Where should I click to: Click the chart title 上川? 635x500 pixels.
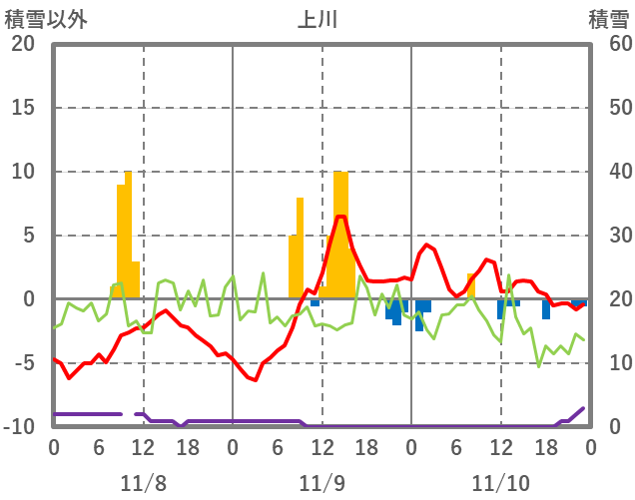coord(318,19)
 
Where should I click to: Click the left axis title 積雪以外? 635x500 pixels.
coord(46,19)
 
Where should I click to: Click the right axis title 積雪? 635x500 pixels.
coord(608,19)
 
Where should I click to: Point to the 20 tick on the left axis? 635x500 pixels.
coord(22,44)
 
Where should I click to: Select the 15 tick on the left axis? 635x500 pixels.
coord(22,108)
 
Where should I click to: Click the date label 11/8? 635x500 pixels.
coord(143,483)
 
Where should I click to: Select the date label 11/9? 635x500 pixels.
coord(321,483)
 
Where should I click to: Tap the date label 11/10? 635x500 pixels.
coord(501,483)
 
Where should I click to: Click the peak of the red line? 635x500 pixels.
coord(340,217)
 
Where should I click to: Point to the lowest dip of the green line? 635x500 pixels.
coord(539,366)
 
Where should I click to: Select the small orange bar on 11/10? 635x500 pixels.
coord(471,285)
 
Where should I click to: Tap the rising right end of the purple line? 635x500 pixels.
coord(583,408)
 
